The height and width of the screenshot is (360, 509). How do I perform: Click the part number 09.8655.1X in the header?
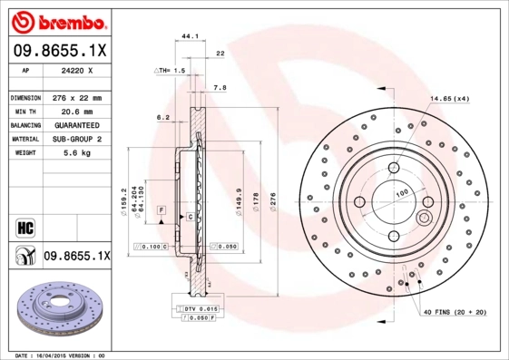(59, 51)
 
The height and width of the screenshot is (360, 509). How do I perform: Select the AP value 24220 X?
(75, 69)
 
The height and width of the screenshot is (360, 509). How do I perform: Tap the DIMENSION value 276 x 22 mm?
(75, 97)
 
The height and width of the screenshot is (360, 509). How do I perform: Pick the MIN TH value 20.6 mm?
(75, 111)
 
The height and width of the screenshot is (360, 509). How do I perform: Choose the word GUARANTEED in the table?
(75, 124)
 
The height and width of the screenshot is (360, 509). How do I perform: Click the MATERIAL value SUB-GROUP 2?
(75, 139)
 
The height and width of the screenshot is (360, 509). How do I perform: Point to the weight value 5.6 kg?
(75, 153)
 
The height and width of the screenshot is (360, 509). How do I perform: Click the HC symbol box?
(24, 227)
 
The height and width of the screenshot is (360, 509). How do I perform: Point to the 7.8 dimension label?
(219, 89)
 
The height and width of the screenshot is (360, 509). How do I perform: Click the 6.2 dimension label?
(163, 117)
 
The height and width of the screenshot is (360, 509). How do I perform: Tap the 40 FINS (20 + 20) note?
(454, 312)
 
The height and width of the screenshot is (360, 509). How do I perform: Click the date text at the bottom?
(62, 355)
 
